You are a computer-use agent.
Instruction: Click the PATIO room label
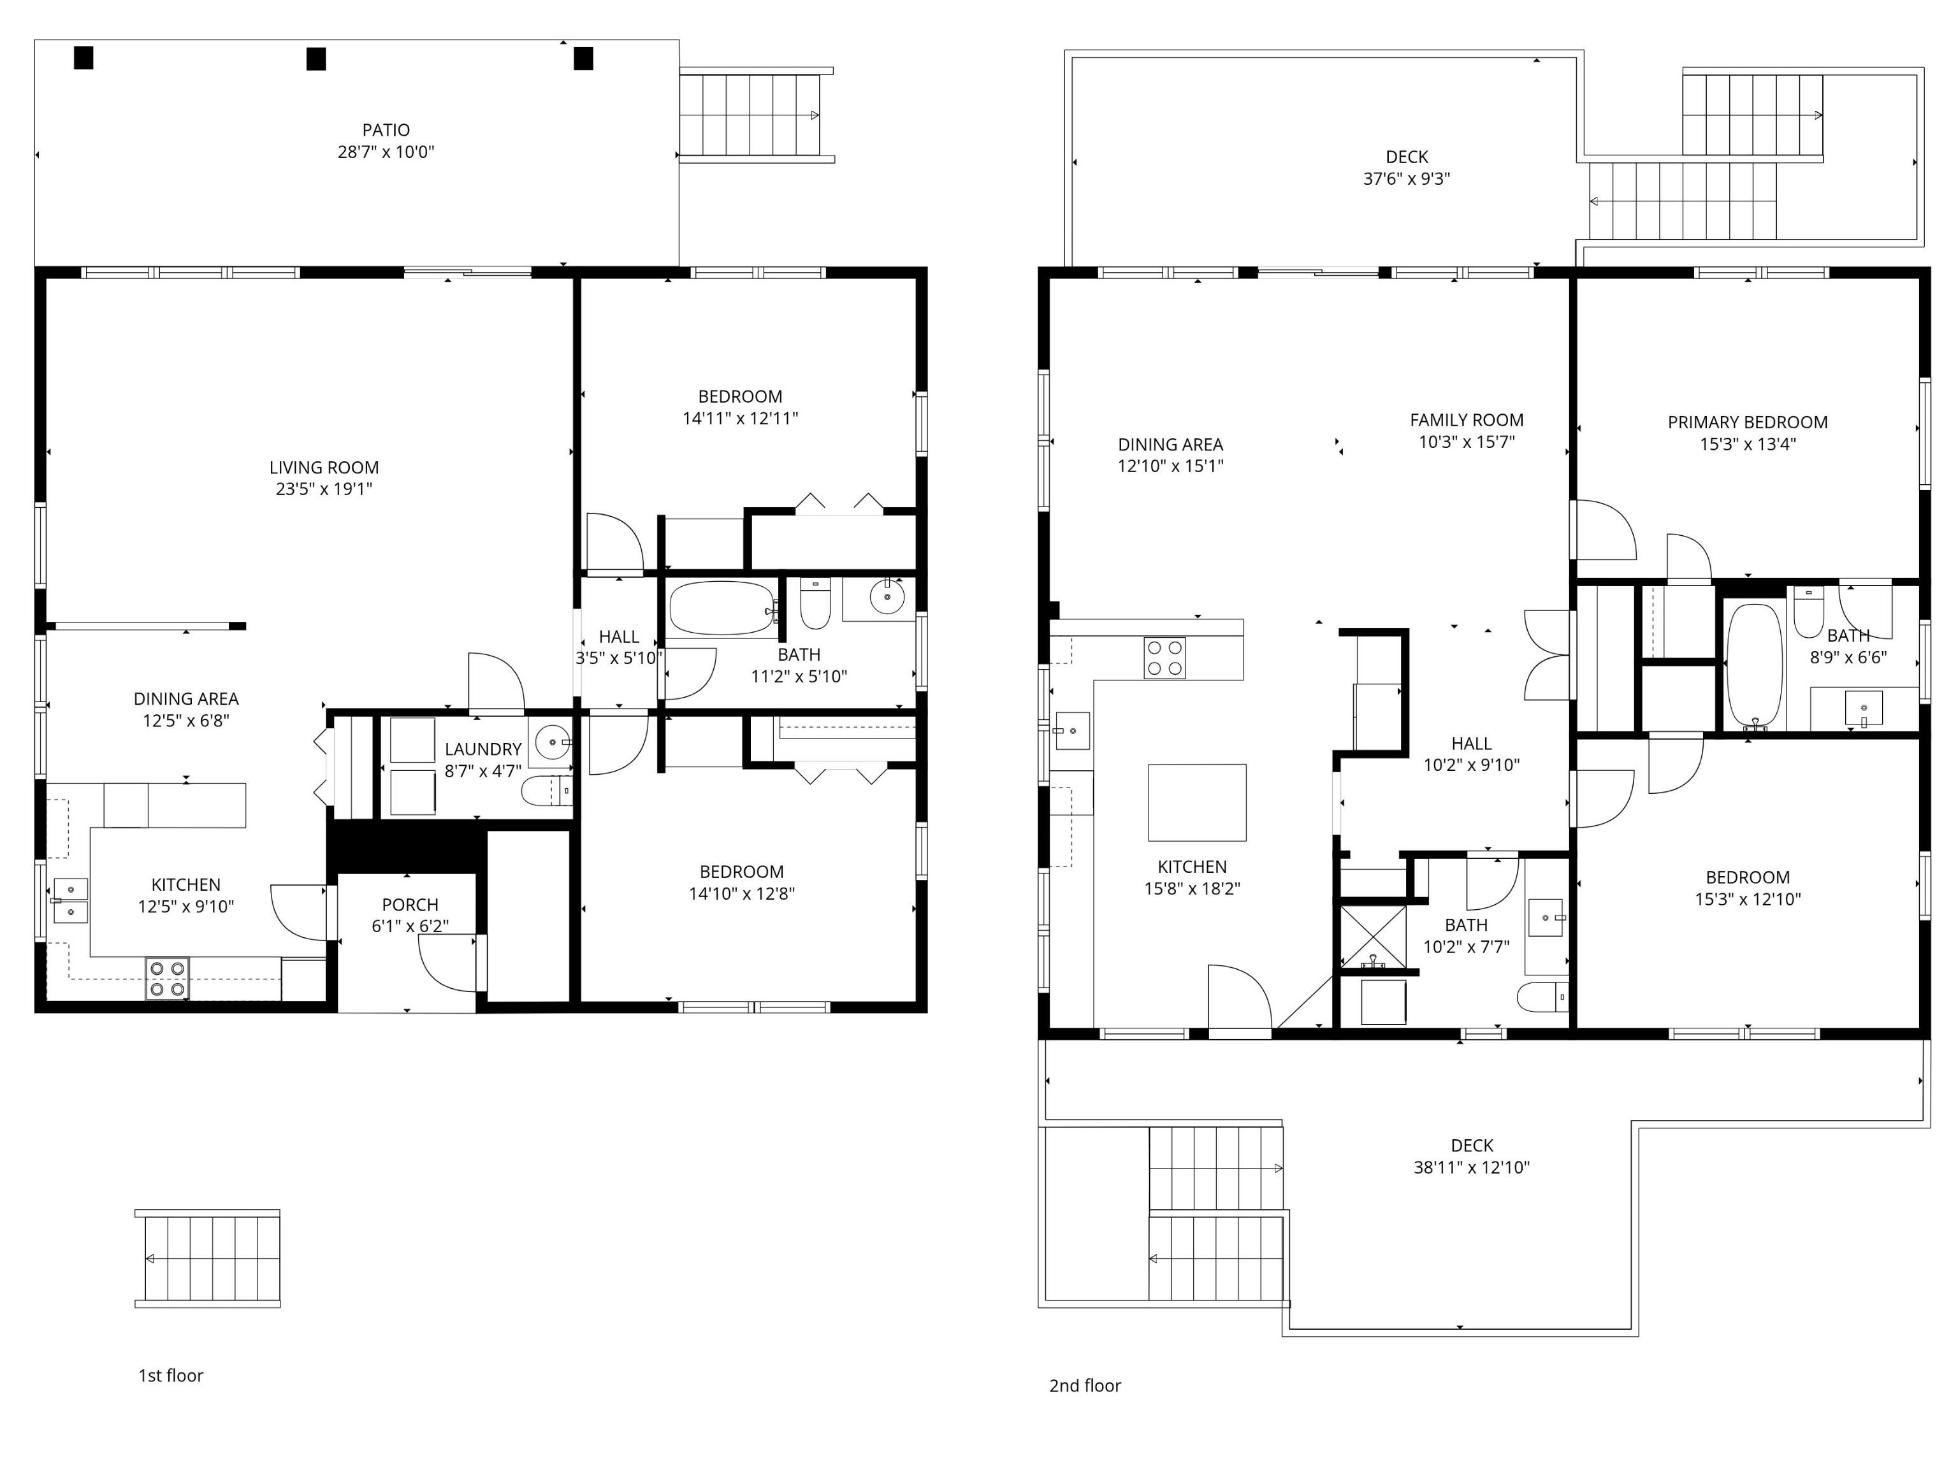tap(386, 130)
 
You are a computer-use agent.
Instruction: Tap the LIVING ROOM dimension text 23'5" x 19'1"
tap(324, 489)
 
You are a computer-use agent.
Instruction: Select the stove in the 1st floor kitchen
tap(167, 979)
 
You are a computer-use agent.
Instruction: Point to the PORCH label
tap(410, 904)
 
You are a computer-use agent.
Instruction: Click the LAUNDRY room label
tap(483, 749)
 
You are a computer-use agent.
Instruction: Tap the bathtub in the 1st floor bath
tap(722, 608)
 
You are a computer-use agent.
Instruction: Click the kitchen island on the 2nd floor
tap(1197, 803)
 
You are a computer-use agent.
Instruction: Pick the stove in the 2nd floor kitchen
tap(1165, 658)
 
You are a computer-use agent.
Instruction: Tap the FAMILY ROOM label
tap(1467, 421)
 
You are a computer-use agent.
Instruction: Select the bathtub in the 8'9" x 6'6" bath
tap(1755, 665)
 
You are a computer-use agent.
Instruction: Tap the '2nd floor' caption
tap(1085, 1386)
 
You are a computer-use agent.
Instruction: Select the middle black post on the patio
tap(316, 59)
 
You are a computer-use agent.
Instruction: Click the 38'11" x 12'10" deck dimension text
tap(1472, 1167)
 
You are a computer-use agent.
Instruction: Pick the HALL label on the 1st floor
tap(619, 637)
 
